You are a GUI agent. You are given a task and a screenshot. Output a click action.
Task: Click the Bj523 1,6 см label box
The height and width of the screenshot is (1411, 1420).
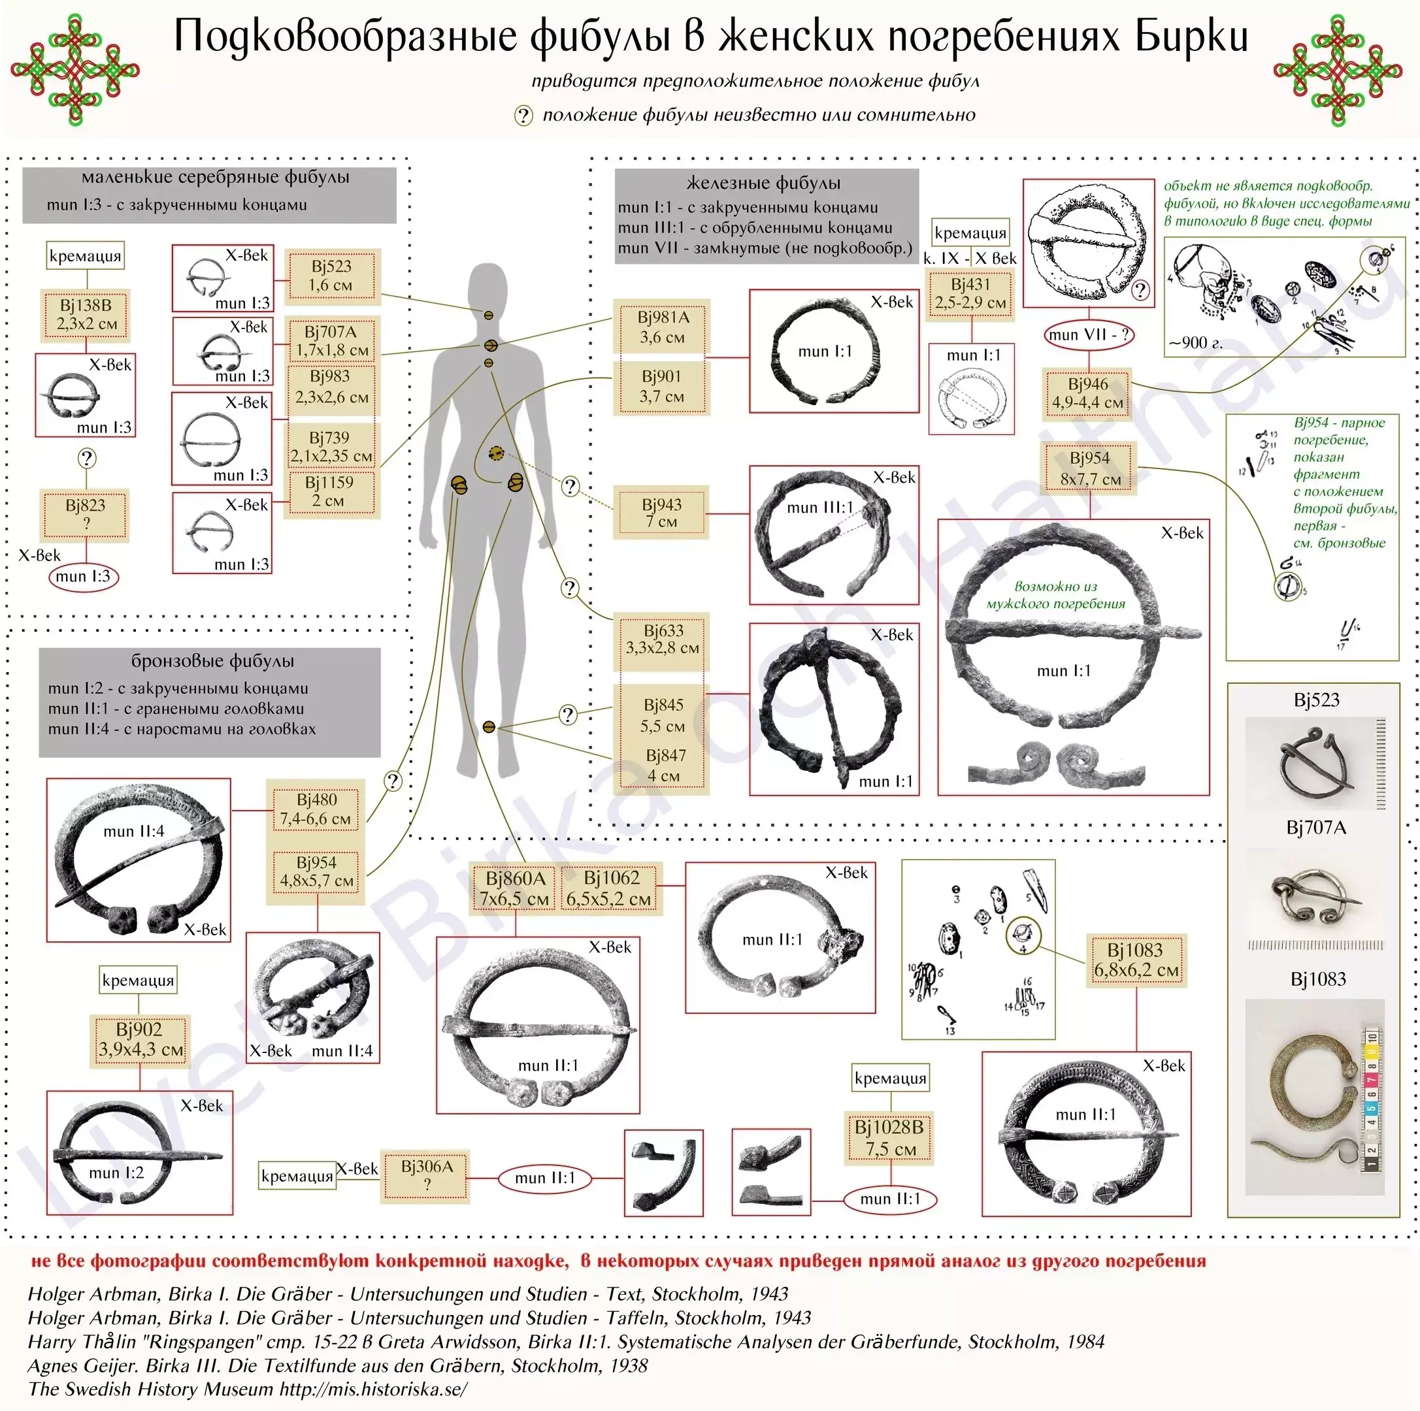(331, 276)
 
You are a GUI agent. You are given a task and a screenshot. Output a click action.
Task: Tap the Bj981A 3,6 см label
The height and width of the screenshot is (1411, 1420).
(662, 327)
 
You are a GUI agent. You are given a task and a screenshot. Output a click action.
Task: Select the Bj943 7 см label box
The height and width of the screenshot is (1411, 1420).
(661, 513)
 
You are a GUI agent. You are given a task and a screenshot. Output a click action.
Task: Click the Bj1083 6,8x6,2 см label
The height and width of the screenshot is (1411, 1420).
(1136, 960)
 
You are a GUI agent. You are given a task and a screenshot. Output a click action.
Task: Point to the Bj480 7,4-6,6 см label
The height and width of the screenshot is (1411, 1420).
(316, 809)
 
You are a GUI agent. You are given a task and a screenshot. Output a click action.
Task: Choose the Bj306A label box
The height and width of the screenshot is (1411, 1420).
(426, 1175)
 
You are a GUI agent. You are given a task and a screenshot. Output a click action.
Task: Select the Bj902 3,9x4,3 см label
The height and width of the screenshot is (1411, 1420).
(140, 1039)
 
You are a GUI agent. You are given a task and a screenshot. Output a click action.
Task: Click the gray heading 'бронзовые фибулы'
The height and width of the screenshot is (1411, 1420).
(212, 660)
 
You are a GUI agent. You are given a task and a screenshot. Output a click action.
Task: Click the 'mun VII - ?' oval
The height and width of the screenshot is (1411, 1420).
(1089, 335)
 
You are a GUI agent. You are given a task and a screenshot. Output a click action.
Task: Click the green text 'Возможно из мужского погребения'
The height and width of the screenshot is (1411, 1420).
(1055, 595)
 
